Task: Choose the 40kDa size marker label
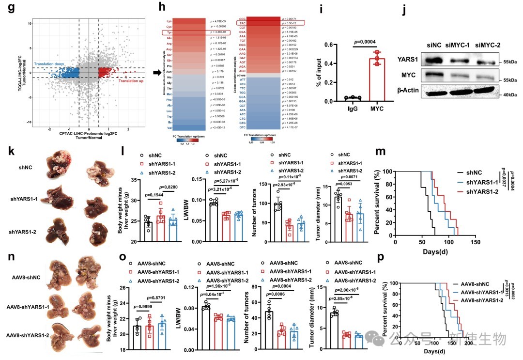[509, 94]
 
